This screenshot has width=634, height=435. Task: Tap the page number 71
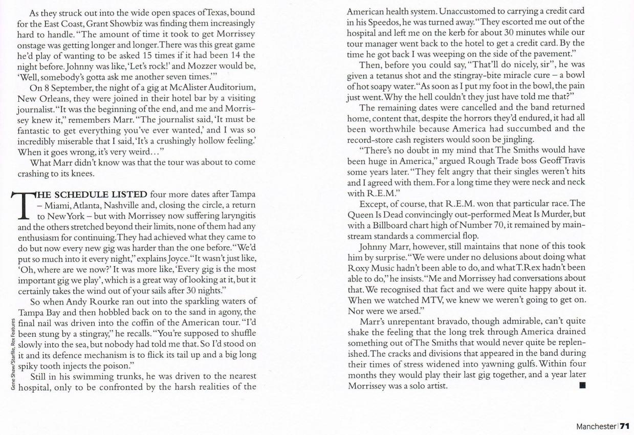click(625, 426)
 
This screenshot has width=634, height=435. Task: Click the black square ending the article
click(581, 385)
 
